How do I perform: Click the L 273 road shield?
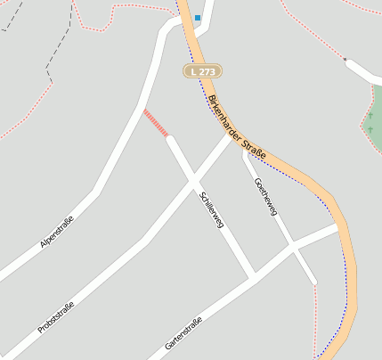coord(203,70)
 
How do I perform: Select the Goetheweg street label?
coord(266,196)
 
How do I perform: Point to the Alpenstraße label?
coord(57,231)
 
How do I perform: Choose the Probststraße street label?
coord(55,318)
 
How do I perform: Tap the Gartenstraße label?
coord(184,332)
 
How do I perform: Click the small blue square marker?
coord(198,18)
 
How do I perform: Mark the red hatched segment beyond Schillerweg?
coord(156,124)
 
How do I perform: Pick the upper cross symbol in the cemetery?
coord(372,114)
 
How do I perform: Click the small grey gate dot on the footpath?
coord(344,59)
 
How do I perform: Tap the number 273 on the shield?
coord(208,70)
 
